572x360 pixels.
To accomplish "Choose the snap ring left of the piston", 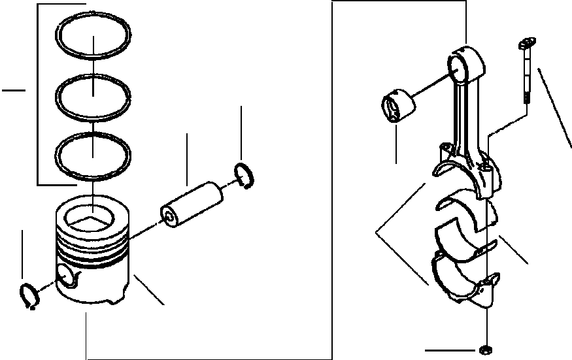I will (28, 296).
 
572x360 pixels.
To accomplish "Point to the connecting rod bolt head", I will (524, 45).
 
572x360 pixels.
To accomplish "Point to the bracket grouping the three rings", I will (39, 91).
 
